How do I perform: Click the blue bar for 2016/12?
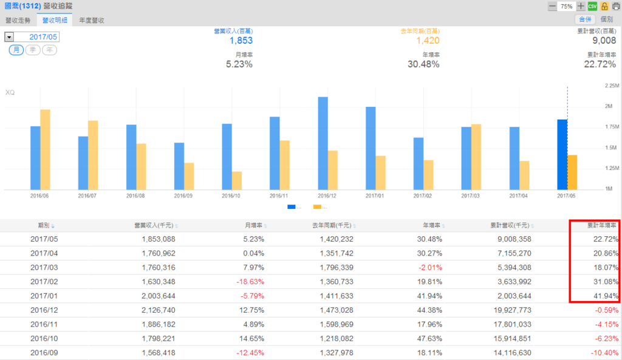[323, 143]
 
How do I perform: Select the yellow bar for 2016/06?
[45, 149]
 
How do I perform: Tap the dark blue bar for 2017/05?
[562, 154]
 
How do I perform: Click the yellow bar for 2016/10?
[237, 180]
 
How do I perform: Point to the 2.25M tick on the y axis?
[612, 86]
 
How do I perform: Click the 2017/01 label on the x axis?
[375, 196]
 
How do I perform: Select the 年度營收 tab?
[92, 20]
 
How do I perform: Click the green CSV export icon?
[592, 6]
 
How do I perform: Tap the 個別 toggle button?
[606, 20]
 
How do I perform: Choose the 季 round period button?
[33, 50]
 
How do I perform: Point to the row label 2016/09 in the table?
[44, 353]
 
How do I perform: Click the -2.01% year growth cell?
[429, 267]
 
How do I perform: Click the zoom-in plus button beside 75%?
[581, 6]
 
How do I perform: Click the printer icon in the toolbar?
[615, 6]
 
